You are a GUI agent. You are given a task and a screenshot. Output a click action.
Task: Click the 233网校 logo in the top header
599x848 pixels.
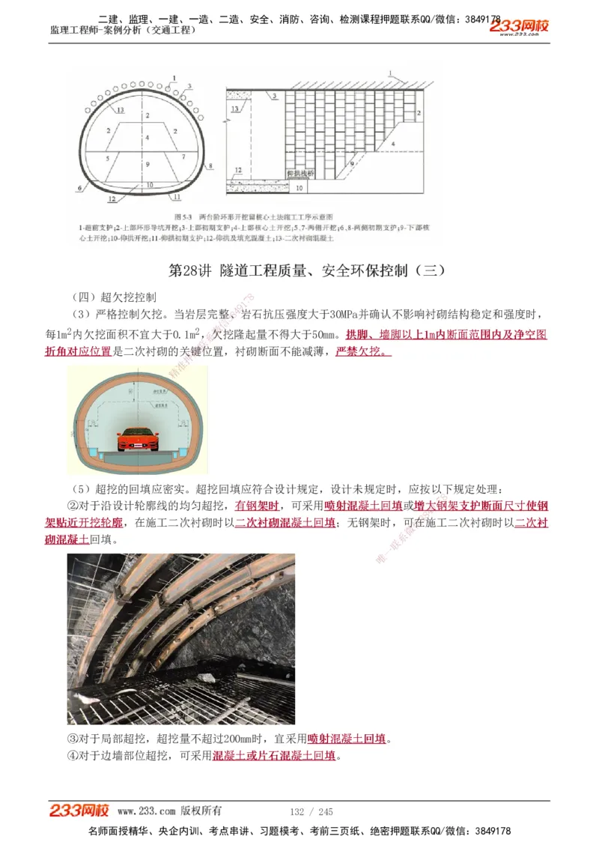(x=520, y=26)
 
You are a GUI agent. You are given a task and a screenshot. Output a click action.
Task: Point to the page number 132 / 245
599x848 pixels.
(x=311, y=811)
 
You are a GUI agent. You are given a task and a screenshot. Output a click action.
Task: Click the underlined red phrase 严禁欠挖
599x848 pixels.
(x=362, y=351)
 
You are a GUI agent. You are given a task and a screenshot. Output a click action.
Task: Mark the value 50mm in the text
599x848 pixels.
(x=319, y=334)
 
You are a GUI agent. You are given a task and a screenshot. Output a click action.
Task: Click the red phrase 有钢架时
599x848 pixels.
(x=257, y=506)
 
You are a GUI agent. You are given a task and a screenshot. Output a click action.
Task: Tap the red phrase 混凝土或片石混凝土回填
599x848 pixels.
(x=274, y=756)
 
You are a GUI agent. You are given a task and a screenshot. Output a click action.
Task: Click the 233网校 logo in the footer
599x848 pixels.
(x=79, y=810)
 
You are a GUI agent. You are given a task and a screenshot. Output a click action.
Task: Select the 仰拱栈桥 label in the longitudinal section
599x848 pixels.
(x=302, y=172)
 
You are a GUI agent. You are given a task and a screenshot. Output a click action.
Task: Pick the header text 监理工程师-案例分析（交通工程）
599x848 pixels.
(x=123, y=30)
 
